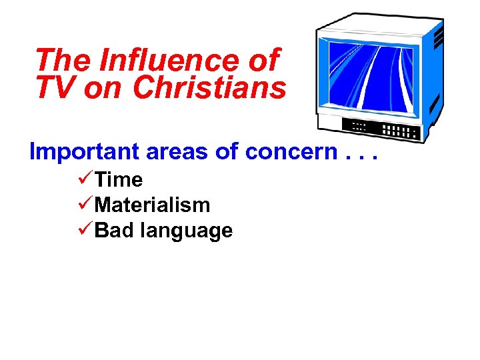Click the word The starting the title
[63, 61]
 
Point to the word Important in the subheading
[85, 152]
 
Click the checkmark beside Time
[85, 180]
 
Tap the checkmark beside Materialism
[85, 205]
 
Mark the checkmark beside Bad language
[85, 231]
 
